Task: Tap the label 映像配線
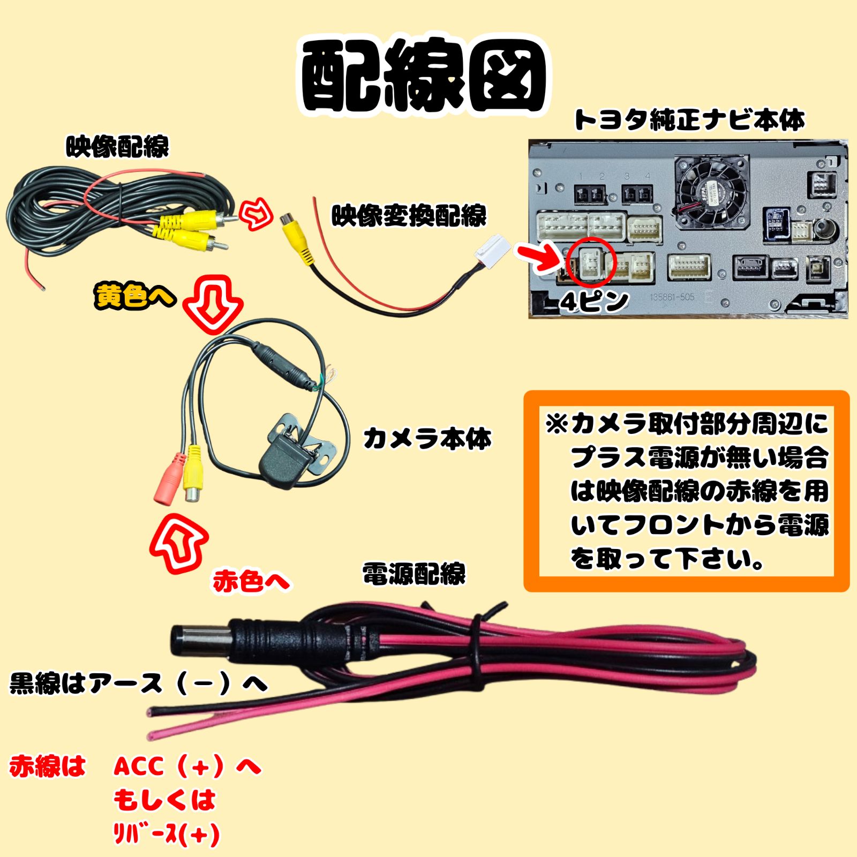[x=117, y=146]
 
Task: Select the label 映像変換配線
[x=409, y=215]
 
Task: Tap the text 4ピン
[x=594, y=302]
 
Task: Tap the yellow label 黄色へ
[x=135, y=296]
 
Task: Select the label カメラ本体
[x=427, y=438]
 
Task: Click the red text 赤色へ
[x=251, y=581]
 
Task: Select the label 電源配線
[x=414, y=574]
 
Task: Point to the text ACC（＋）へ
[x=187, y=766]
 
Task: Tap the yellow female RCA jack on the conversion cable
[x=297, y=238]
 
